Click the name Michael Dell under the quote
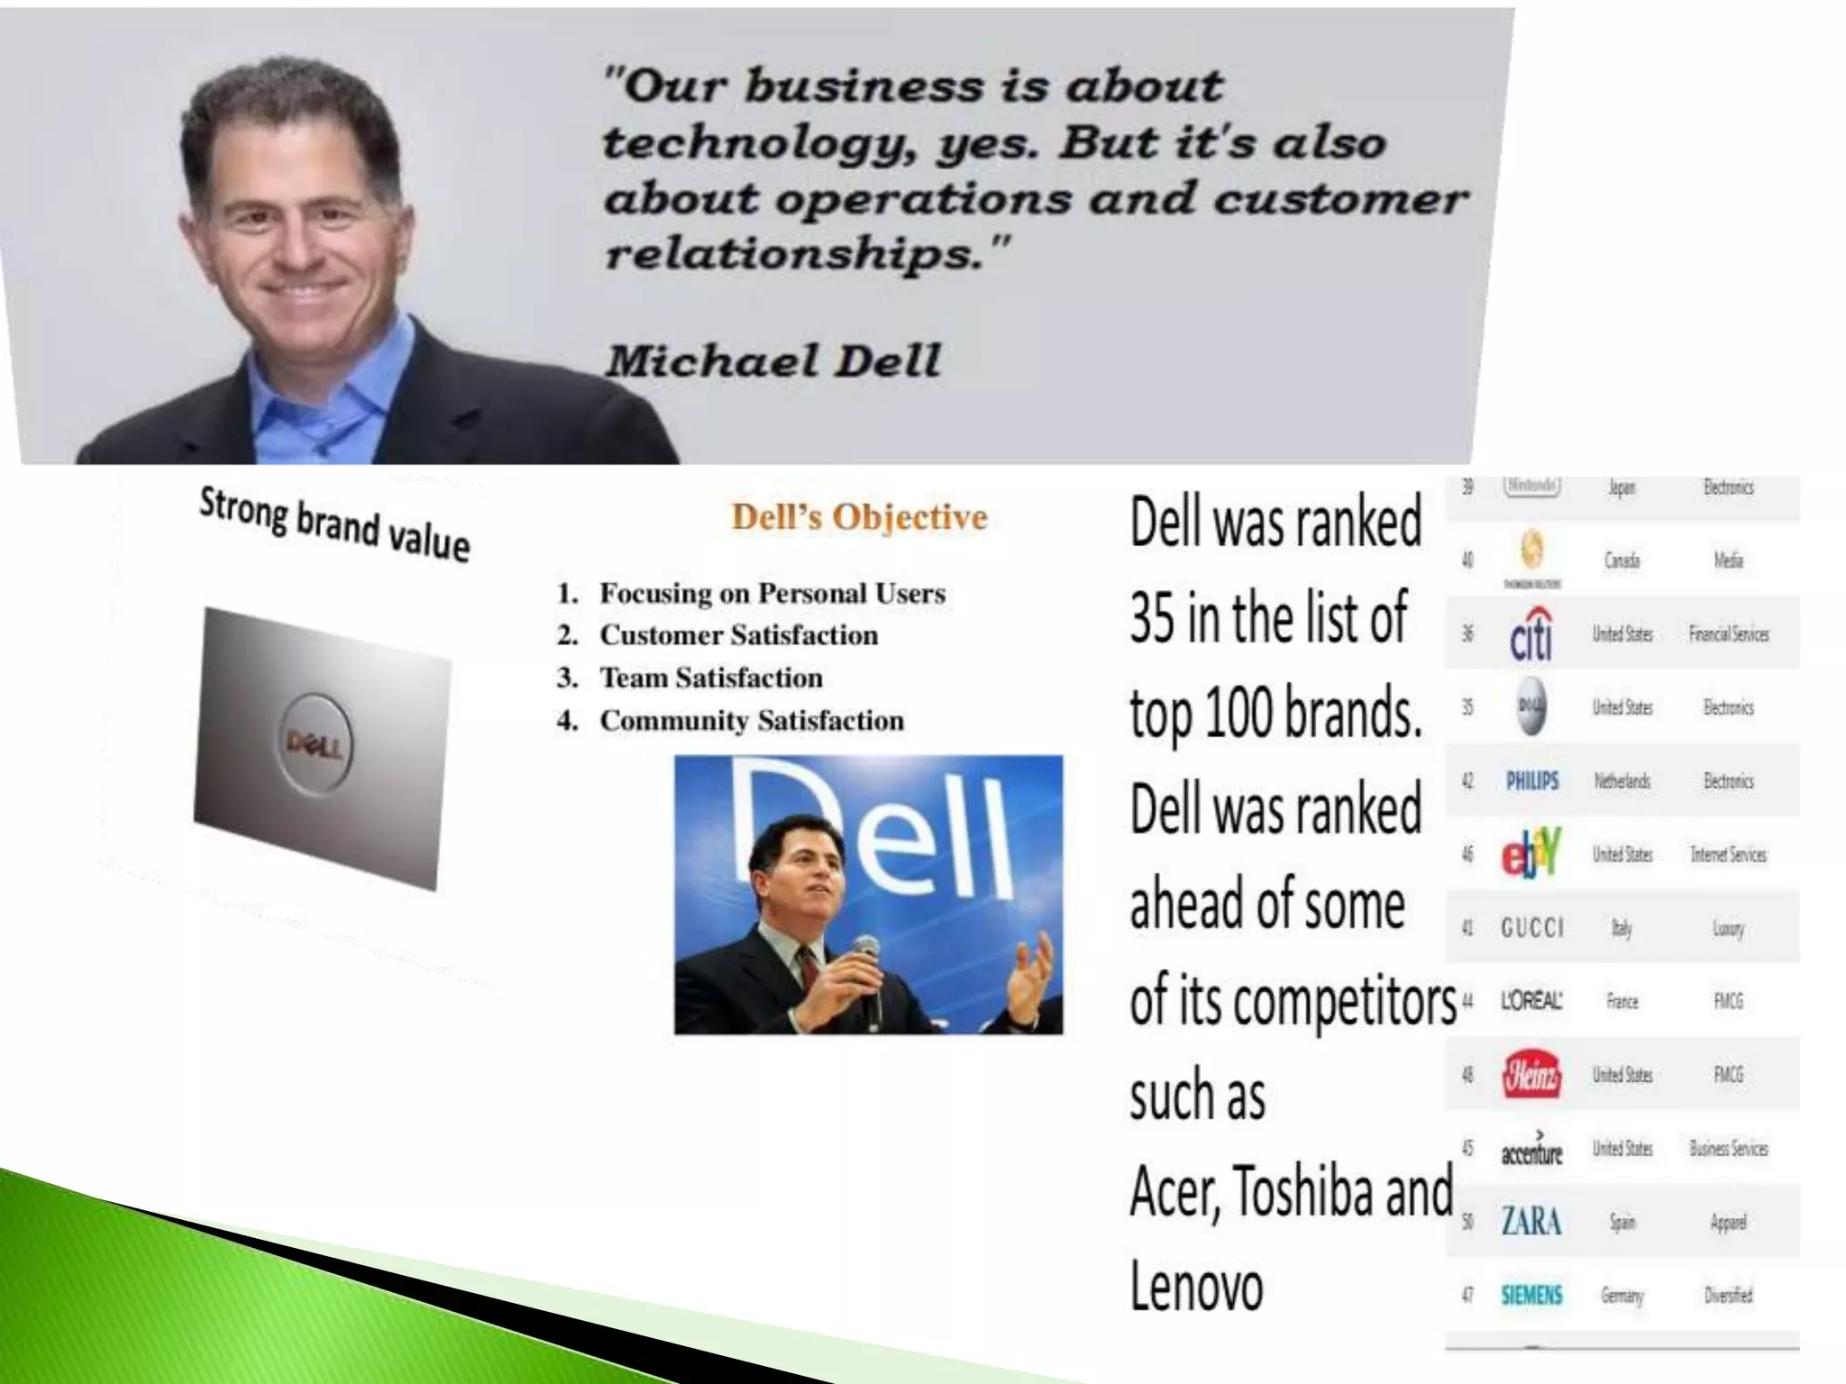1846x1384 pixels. coord(772,361)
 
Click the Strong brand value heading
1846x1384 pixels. coord(334,524)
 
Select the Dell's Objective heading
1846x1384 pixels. coord(859,517)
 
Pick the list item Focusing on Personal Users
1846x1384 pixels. coord(772,593)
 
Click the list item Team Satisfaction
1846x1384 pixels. coord(710,678)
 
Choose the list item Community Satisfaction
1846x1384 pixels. coord(751,720)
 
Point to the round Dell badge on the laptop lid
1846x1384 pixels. coord(315,744)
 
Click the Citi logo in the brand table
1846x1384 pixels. coord(1531,635)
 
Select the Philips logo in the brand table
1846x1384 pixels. coord(1531,780)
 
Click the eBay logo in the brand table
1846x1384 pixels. coord(1530,853)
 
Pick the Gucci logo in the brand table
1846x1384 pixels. coord(1531,927)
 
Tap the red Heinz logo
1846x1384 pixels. coord(1531,1075)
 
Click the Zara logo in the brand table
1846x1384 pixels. coord(1531,1222)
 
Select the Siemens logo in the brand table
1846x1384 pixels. coord(1531,1295)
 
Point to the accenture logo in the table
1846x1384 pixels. coord(1531,1151)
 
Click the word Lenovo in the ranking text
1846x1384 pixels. coord(1196,1287)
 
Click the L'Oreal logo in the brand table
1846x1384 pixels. coord(1531,1001)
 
